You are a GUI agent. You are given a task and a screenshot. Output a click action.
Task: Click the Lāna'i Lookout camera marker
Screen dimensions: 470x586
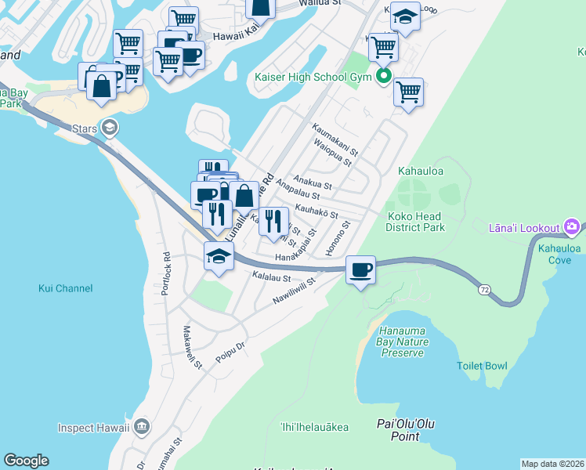(x=573, y=228)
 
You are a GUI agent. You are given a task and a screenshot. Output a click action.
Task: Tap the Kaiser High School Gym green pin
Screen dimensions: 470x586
(x=384, y=76)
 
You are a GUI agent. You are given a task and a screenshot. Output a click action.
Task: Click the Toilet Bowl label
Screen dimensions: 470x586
(x=482, y=366)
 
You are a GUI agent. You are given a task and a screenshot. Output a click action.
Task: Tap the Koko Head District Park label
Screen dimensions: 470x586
(x=414, y=222)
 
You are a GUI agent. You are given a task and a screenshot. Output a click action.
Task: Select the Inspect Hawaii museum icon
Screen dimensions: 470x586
(x=141, y=427)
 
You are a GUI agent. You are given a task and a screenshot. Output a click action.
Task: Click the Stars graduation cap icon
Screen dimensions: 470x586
(x=110, y=127)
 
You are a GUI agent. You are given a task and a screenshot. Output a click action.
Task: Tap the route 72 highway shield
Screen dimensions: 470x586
(x=485, y=290)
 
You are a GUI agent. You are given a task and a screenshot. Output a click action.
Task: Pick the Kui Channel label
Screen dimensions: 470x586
(x=65, y=288)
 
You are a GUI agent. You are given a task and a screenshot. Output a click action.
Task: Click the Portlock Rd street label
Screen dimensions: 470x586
(x=166, y=273)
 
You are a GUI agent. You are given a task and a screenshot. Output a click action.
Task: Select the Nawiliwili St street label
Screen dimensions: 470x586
(x=290, y=291)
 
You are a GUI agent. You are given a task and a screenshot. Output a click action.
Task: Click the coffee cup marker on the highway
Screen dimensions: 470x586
(x=360, y=270)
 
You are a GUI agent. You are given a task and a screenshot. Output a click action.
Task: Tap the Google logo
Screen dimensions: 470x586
(x=26, y=461)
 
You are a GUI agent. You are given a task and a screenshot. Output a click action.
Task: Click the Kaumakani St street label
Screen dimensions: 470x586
(x=335, y=139)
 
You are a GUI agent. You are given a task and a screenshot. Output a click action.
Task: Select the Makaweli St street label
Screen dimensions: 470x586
(x=193, y=348)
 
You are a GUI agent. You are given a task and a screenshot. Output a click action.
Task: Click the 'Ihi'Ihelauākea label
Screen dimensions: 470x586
(x=314, y=427)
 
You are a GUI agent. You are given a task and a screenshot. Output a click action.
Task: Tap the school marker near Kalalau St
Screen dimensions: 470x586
(x=219, y=255)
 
